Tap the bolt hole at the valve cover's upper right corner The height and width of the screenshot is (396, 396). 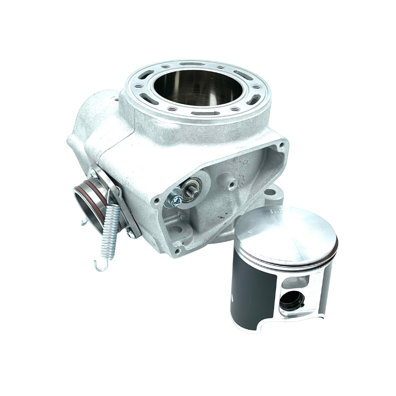tap(282, 145)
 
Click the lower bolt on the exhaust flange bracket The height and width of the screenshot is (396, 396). tap(130, 234)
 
